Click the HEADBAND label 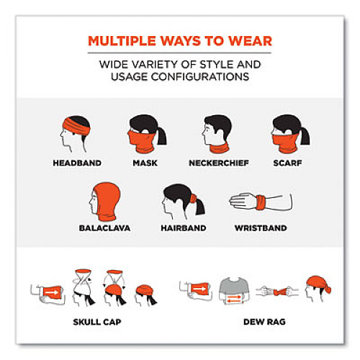point(77,163)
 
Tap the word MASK point(145,163)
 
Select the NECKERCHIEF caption point(219,163)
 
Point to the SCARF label point(287,163)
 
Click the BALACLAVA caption point(104,228)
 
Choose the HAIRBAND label point(184,228)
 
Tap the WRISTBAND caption point(261,228)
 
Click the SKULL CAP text point(97,322)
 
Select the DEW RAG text point(264,322)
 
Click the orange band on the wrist point(261,203)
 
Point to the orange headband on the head point(76,127)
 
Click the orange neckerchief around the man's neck point(220,148)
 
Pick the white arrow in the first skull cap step point(52,292)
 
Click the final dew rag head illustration point(318,289)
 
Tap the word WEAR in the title point(251,41)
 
